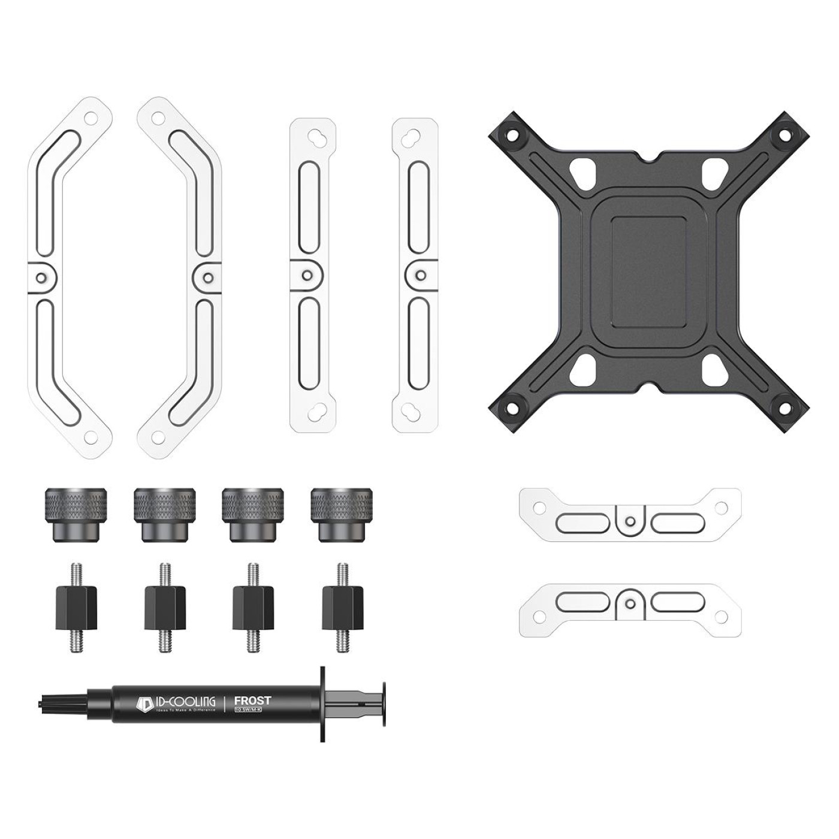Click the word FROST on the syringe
point(252,700)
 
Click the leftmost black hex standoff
point(76,608)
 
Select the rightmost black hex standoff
point(343,608)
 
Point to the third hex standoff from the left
point(253,608)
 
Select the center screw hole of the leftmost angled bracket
point(40,277)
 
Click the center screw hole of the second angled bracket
point(208,277)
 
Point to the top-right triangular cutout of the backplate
point(714,171)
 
